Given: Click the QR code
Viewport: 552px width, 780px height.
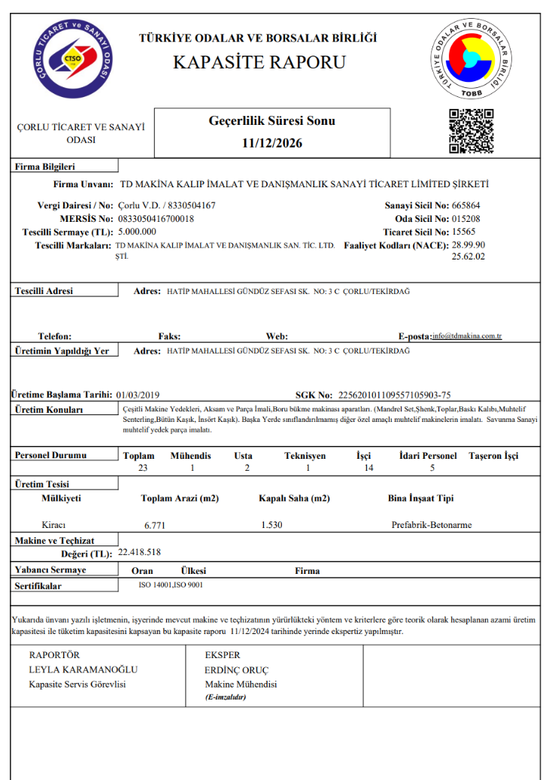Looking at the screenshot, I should (471, 132).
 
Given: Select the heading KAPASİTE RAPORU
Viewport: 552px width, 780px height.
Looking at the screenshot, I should (259, 62).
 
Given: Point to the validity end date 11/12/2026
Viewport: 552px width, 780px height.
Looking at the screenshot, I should (271, 143).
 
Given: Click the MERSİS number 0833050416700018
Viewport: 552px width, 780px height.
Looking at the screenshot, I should (156, 218).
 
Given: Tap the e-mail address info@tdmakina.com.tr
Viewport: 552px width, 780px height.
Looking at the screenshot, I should (467, 337).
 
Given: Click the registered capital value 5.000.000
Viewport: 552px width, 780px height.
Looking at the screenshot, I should (137, 232).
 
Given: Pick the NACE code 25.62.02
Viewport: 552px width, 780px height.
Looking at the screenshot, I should (468, 256).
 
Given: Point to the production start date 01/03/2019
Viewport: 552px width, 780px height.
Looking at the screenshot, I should (138, 394).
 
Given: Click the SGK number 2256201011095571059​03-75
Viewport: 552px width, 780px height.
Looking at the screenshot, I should (395, 394).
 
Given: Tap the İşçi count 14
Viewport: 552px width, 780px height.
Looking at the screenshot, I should (368, 468).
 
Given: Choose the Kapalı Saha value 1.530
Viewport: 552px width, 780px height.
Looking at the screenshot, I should (271, 524).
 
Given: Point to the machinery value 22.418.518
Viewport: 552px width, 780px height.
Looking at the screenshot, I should (140, 552).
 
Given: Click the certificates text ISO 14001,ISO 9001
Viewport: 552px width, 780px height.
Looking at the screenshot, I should (171, 584).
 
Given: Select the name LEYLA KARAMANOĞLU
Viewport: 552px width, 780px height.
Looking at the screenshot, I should (83, 669).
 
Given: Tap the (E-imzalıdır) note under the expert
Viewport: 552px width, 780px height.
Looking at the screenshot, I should (226, 697).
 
